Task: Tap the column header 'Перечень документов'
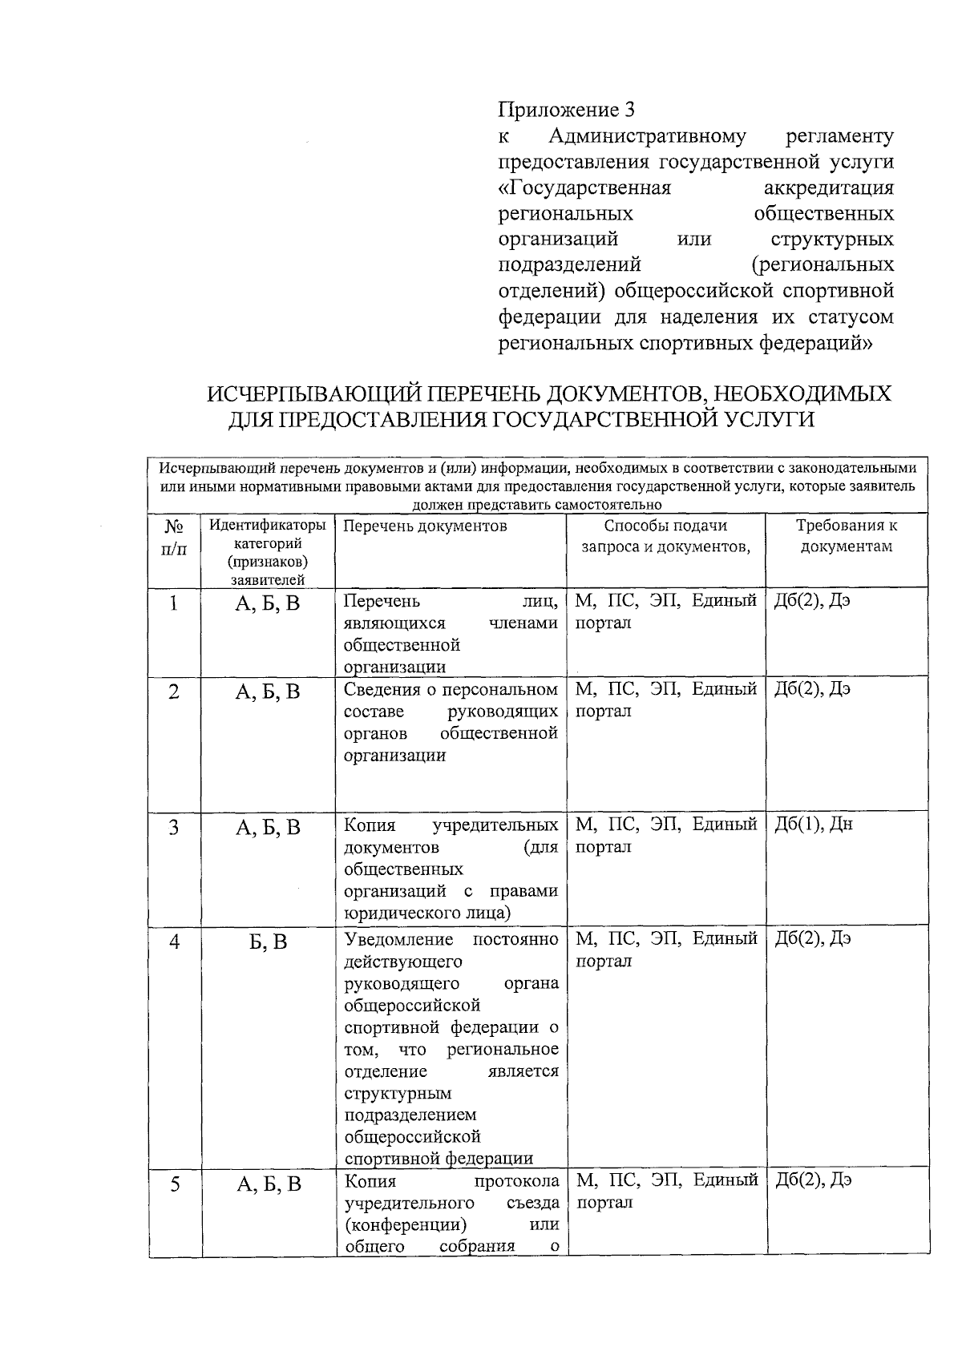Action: point(425,526)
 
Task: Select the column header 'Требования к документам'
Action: point(846,536)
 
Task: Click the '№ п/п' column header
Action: point(174,537)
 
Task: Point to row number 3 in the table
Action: point(174,828)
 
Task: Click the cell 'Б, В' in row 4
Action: point(268,942)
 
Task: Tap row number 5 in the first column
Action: point(174,1184)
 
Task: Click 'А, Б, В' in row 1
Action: point(268,603)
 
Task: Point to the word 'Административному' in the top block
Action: point(648,136)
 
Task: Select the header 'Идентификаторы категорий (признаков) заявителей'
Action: point(268,552)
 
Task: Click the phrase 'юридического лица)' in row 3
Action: point(427,913)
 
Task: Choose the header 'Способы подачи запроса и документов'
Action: point(665,536)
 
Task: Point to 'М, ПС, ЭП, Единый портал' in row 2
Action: point(665,700)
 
